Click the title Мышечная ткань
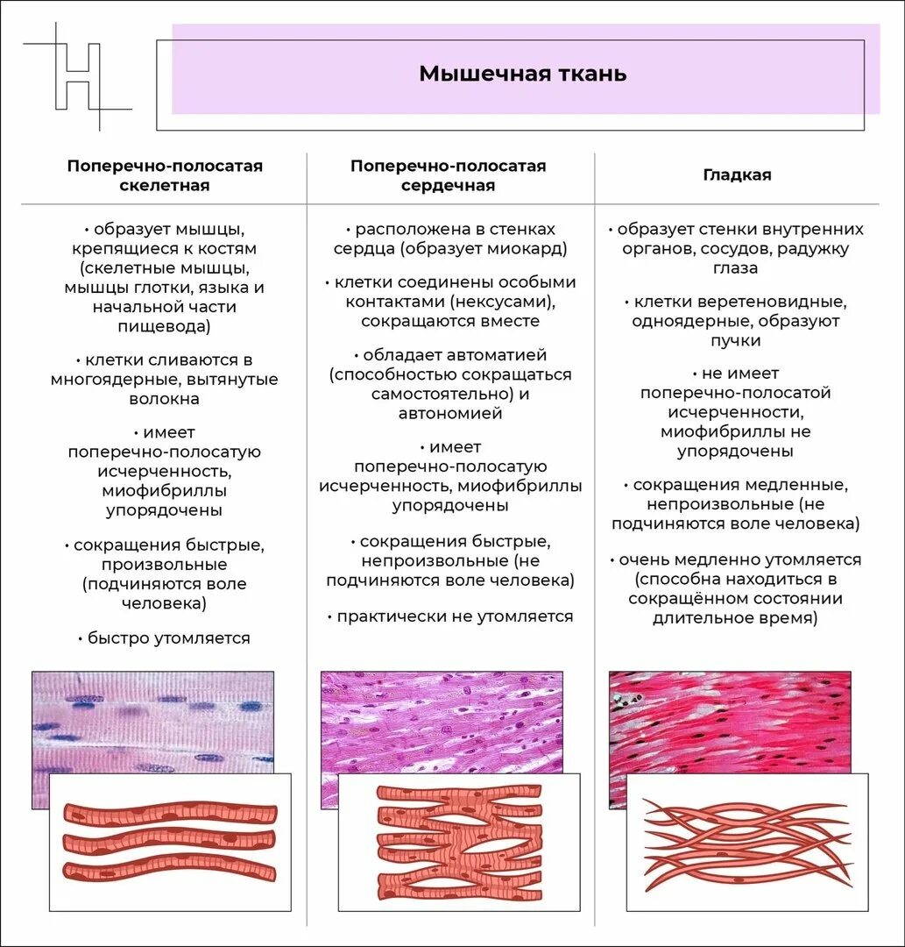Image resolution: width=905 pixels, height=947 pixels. point(522,73)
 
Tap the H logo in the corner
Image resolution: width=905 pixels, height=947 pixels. point(78,77)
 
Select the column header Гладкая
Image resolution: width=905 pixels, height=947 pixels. point(737,174)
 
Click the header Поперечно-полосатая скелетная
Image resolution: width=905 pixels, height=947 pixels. point(165,175)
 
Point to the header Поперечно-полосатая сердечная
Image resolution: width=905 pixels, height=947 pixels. point(448,175)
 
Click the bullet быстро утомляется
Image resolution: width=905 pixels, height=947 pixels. point(165,638)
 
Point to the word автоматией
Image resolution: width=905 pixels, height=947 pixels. point(497,355)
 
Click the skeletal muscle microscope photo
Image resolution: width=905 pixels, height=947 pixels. point(153,719)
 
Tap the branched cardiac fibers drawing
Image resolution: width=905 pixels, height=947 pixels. point(458,842)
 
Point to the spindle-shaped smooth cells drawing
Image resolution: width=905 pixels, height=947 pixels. point(746,841)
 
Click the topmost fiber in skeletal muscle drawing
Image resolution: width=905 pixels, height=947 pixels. point(171,812)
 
